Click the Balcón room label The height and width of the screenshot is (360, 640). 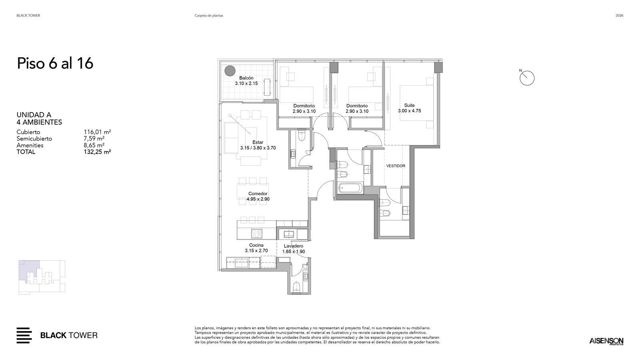pyautogui.click(x=246, y=78)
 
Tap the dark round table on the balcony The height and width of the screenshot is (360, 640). pyautogui.click(x=230, y=71)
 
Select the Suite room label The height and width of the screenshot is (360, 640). pyautogui.click(x=410, y=105)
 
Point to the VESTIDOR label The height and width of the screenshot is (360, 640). pyautogui.click(x=396, y=166)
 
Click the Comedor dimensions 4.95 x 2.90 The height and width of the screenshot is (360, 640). pyautogui.click(x=258, y=199)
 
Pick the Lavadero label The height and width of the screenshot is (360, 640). pyautogui.click(x=294, y=246)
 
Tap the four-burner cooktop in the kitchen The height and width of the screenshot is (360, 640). pyautogui.click(x=256, y=234)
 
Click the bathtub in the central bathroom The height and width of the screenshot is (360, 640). pyautogui.click(x=350, y=188)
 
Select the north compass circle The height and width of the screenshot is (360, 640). pyautogui.click(x=527, y=78)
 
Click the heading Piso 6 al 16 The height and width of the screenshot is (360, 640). pyautogui.click(x=55, y=63)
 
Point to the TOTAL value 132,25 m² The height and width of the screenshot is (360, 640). pyautogui.click(x=97, y=152)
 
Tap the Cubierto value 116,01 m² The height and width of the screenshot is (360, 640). pyautogui.click(x=97, y=132)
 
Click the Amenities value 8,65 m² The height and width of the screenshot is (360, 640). pyautogui.click(x=94, y=145)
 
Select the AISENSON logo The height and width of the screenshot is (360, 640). pyautogui.click(x=606, y=341)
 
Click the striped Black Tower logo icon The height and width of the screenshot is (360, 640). pyautogui.click(x=24, y=336)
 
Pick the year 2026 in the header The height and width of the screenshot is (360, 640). pyautogui.click(x=620, y=16)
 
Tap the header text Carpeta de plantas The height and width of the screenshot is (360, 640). pyautogui.click(x=209, y=16)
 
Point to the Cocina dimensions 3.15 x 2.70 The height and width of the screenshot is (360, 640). pyautogui.click(x=256, y=251)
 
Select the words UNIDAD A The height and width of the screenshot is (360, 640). pyautogui.click(x=34, y=115)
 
